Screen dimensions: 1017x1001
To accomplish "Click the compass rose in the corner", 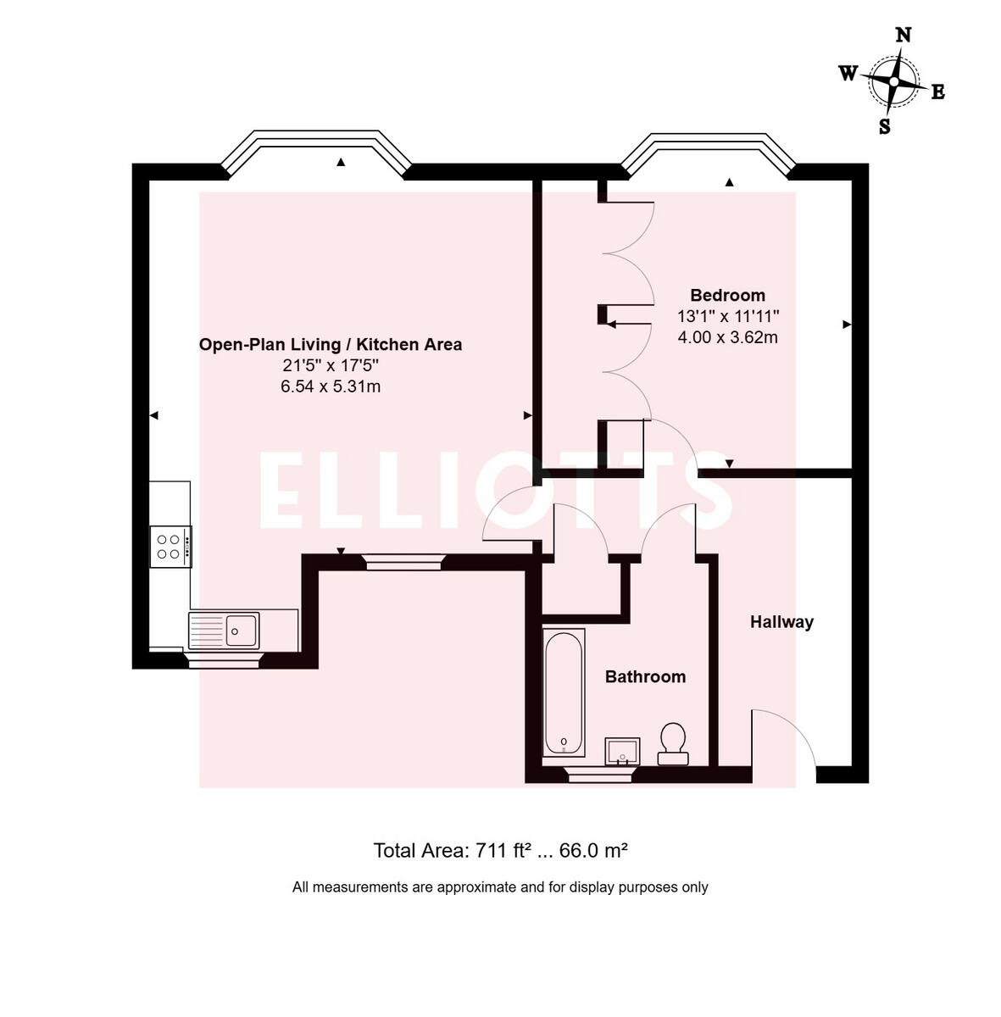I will (893, 81).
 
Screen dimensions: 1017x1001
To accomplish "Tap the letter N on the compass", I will (904, 35).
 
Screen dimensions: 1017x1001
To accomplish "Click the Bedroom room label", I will (727, 295).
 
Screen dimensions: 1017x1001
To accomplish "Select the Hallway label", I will (781, 622).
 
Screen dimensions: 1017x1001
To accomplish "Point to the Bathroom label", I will (645, 676).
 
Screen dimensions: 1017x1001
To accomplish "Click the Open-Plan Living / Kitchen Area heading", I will (331, 344).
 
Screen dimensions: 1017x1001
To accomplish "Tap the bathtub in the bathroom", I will (564, 692).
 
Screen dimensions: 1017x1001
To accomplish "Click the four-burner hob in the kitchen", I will (170, 547).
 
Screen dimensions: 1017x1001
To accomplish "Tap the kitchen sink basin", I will (242, 629).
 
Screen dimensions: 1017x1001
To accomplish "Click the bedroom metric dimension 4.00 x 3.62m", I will (727, 337).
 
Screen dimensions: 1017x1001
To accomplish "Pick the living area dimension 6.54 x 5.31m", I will (331, 386).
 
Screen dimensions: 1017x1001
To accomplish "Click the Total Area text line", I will (500, 850).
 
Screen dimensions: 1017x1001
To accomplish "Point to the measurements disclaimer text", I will (500, 887).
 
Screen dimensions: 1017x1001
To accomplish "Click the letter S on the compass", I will (884, 127).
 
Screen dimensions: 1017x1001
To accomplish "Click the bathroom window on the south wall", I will (599, 773).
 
